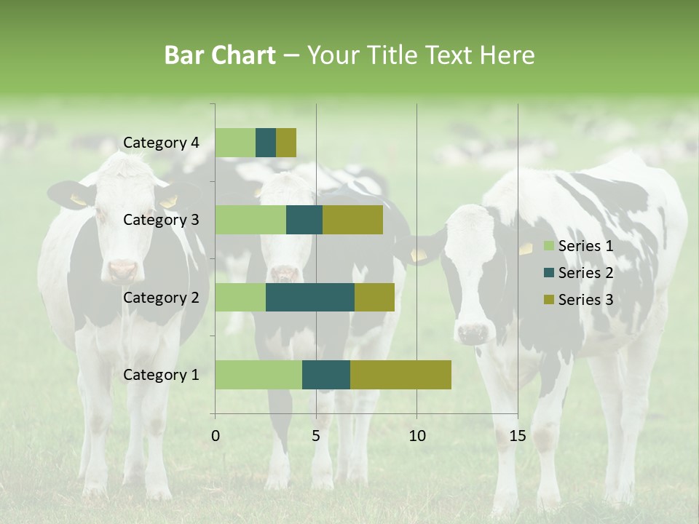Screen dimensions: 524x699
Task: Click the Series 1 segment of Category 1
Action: point(258,375)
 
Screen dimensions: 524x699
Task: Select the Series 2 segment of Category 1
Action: point(326,375)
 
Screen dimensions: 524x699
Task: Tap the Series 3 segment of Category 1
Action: point(400,375)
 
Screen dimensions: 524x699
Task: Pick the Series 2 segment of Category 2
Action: point(310,297)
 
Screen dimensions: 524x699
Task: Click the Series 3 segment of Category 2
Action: point(374,297)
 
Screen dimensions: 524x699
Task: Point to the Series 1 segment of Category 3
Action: point(250,220)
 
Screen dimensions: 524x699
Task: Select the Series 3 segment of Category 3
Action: point(352,220)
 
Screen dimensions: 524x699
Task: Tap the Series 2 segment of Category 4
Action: point(266,143)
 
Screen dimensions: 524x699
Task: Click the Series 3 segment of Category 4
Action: point(286,143)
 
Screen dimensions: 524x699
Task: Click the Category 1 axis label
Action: point(161,375)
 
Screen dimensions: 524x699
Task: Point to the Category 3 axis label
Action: point(161,220)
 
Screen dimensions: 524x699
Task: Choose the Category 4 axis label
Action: point(161,143)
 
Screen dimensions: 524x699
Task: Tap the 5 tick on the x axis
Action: point(316,436)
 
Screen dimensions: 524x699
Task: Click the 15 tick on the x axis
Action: point(517,436)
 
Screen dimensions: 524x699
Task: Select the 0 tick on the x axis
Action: point(216,436)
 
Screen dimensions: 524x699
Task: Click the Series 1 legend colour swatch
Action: point(548,246)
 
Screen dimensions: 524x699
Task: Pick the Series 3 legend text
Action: point(585,300)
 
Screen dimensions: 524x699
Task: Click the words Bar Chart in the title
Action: point(220,55)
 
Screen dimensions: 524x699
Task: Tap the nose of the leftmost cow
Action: point(122,271)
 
